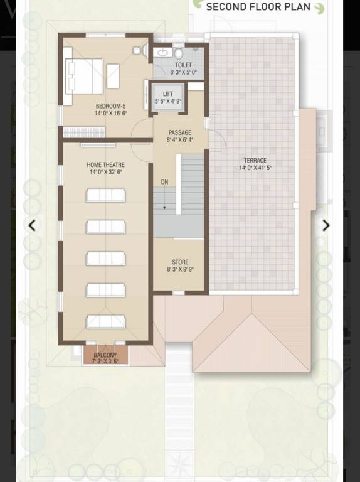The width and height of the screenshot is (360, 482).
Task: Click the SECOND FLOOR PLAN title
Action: coord(258,7)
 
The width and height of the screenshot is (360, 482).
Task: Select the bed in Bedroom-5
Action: coord(84,75)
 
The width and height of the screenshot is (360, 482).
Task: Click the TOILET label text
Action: coord(183,65)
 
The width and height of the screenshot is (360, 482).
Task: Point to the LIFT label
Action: coord(168,94)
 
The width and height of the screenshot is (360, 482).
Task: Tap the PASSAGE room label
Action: coord(180,132)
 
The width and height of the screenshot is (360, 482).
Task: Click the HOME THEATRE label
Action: coord(105,164)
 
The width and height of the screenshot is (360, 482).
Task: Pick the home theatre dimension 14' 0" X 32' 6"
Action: coord(105,172)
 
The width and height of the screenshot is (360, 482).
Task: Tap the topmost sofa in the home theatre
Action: coord(105,195)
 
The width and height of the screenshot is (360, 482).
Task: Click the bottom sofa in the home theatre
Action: coord(105,321)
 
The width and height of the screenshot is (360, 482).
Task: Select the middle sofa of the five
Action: coord(105,258)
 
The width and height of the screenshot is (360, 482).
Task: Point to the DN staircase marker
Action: coord(164,181)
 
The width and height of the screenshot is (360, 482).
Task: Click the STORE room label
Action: coord(180,262)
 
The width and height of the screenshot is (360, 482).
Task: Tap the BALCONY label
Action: coord(105,355)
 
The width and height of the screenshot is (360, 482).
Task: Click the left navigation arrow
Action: coord(32,226)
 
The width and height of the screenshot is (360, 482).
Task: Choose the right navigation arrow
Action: coord(326,226)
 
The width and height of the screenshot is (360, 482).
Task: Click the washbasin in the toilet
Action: coord(162,53)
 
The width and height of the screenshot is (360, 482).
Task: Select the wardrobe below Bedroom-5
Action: coord(84,132)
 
